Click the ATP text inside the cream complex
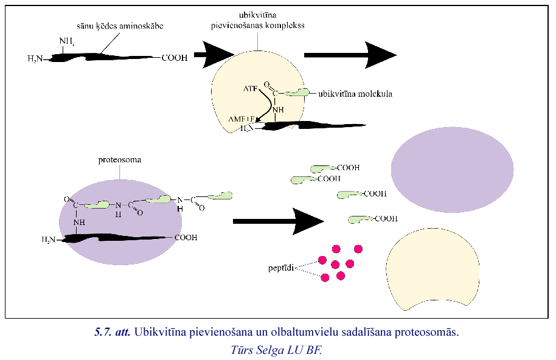coord(250,89)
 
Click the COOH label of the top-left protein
coord(174,58)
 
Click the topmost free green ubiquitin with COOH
coord(322,168)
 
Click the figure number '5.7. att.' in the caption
coord(113,333)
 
